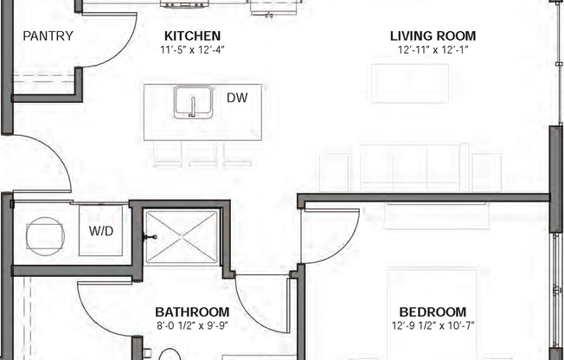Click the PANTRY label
coord(48,36)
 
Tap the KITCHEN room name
coord(192,36)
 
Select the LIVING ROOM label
coord(433,36)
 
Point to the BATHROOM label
coord(192,312)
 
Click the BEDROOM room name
coord(433,312)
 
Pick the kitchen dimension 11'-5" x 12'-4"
coord(192,50)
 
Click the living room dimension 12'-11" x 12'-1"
coord(433,50)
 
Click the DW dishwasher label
coord(237,98)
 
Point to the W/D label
coord(101,231)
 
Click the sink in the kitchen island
coord(192,103)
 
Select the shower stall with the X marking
coord(181,236)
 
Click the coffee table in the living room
coord(410,83)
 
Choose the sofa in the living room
coord(410,167)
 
